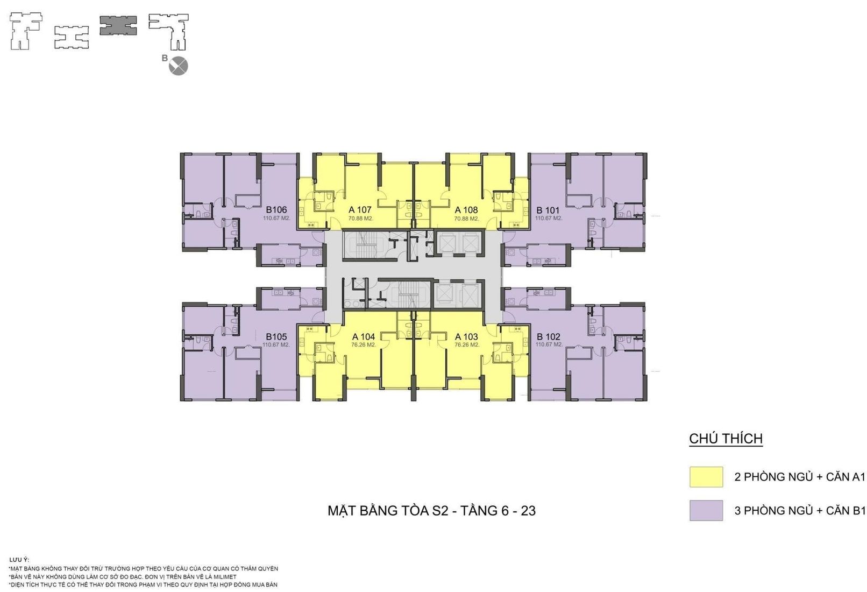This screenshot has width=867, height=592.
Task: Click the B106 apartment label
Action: tap(276, 210)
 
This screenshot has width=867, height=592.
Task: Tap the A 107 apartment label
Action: tap(360, 210)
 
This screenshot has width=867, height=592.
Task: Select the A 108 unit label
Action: tap(466, 210)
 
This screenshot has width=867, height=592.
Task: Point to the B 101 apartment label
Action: tap(548, 210)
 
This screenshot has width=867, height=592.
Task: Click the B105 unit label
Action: tap(276, 336)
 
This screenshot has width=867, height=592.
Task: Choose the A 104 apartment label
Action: tap(364, 336)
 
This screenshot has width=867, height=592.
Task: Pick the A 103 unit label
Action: tap(466, 336)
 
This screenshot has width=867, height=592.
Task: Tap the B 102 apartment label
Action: tap(549, 336)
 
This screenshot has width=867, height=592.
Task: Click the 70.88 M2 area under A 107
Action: tap(361, 219)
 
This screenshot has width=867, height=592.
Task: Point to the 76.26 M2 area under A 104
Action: tap(364, 344)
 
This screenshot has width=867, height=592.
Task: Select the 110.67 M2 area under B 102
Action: tap(549, 344)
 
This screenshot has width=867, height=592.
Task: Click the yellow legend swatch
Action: tap(706, 477)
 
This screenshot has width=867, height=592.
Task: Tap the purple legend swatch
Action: tap(706, 510)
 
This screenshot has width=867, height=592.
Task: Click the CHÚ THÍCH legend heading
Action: tap(726, 439)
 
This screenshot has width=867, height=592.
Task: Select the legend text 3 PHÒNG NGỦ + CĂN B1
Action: tap(800, 511)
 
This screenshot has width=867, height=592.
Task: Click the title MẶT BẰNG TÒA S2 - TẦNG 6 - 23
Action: tap(431, 511)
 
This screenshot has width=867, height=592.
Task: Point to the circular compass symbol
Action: tap(179, 66)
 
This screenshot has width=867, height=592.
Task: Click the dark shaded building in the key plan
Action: tap(118, 25)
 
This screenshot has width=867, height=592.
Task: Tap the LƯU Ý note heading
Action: tap(19, 560)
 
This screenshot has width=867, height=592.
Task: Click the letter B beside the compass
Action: tap(165, 58)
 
